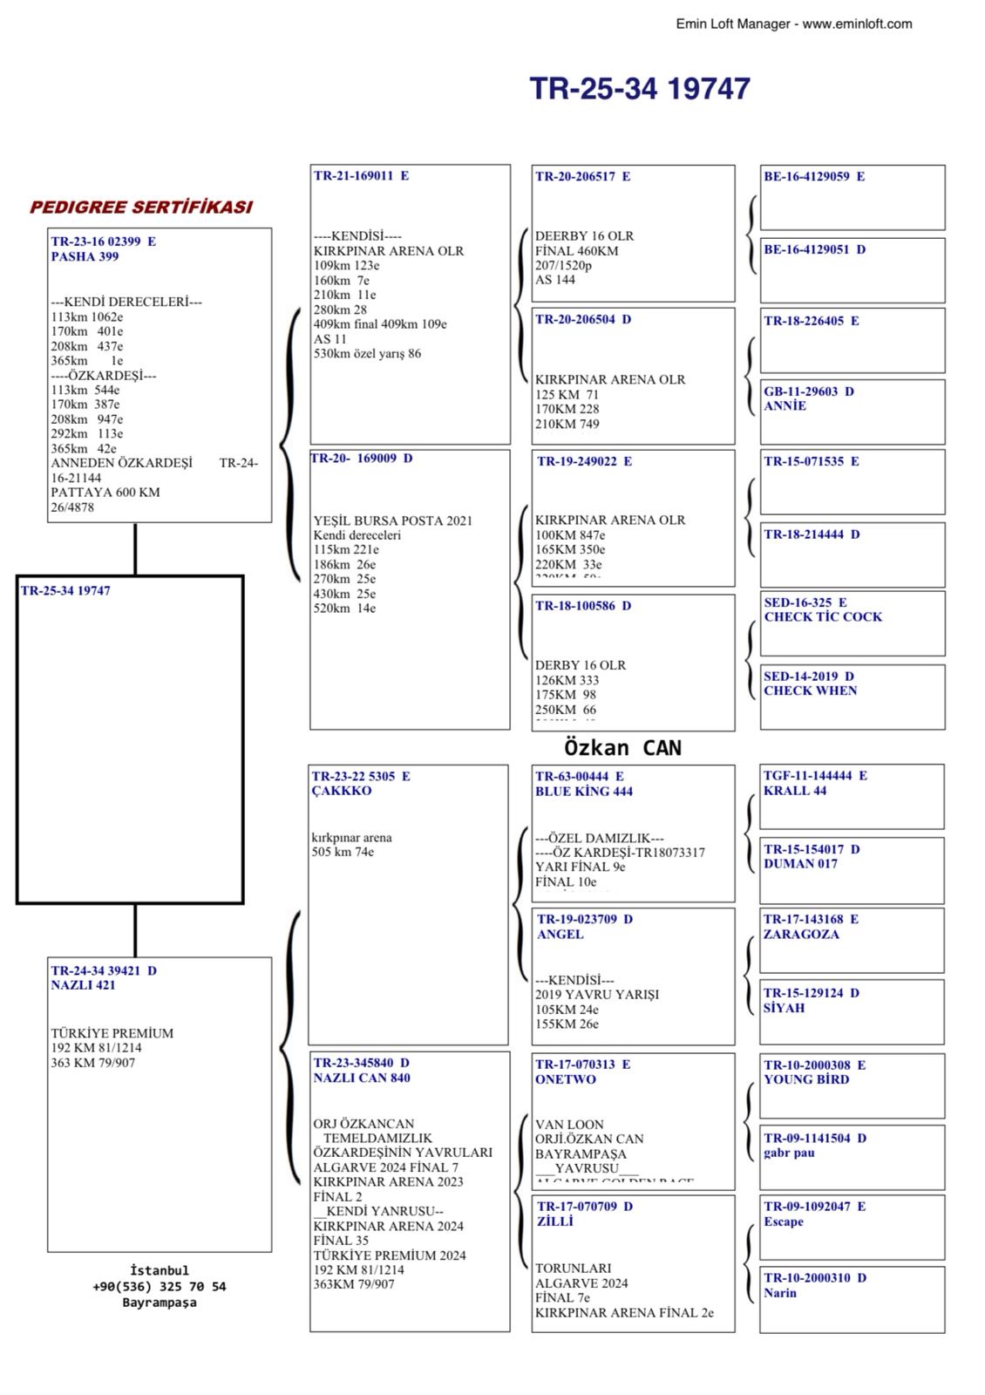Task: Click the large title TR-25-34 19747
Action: click(x=640, y=89)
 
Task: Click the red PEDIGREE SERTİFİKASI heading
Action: click(x=141, y=208)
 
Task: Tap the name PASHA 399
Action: click(x=85, y=257)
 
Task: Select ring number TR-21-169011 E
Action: click(x=361, y=176)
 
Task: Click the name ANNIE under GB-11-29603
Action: click(x=785, y=406)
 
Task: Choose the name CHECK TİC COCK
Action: click(x=823, y=617)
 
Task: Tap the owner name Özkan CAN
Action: click(x=622, y=748)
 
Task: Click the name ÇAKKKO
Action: click(x=342, y=791)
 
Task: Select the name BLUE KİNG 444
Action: click(x=584, y=792)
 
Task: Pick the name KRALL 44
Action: click(x=795, y=791)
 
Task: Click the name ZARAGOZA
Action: click(x=801, y=935)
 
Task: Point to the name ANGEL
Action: click(x=560, y=935)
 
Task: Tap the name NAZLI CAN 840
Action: click(x=362, y=1079)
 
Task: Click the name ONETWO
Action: click(x=566, y=1079)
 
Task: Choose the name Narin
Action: click(x=780, y=1293)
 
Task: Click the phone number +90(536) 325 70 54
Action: click(x=159, y=1287)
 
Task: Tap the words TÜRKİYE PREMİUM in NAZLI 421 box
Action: click(x=112, y=1033)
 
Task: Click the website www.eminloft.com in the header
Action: click(x=857, y=24)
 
